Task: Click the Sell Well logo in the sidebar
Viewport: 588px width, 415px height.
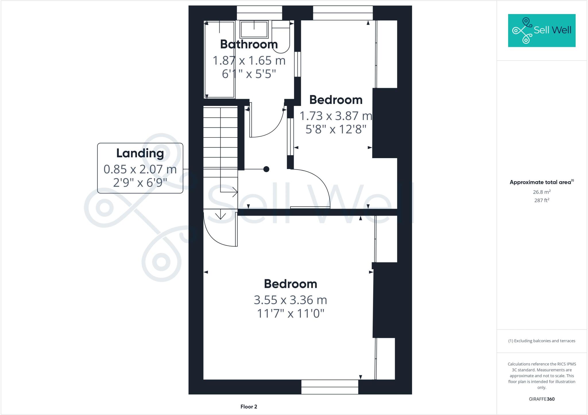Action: (541, 30)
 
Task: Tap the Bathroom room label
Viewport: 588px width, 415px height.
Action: (249, 44)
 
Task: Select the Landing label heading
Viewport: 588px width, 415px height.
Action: (140, 153)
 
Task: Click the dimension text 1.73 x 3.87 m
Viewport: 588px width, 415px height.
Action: (336, 116)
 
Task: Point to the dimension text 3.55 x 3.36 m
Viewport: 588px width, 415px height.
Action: (290, 300)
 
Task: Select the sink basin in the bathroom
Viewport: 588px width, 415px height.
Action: (254, 29)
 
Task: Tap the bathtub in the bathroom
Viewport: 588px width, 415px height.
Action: (220, 59)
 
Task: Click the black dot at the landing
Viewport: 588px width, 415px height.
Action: (266, 169)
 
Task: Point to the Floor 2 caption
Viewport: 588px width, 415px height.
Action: (249, 407)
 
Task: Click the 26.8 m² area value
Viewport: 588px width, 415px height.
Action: (541, 192)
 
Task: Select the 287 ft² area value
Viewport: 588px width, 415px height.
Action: (541, 200)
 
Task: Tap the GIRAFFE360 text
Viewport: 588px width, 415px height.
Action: (541, 399)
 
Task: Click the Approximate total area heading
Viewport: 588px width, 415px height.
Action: (541, 182)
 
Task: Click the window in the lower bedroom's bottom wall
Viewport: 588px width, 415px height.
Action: (330, 387)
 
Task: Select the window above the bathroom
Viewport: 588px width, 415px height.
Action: (259, 13)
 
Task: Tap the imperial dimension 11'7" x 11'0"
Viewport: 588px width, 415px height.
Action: (290, 313)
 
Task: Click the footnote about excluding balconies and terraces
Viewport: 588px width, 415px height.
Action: (541, 341)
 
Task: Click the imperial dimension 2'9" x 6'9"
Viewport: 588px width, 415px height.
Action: (140, 183)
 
